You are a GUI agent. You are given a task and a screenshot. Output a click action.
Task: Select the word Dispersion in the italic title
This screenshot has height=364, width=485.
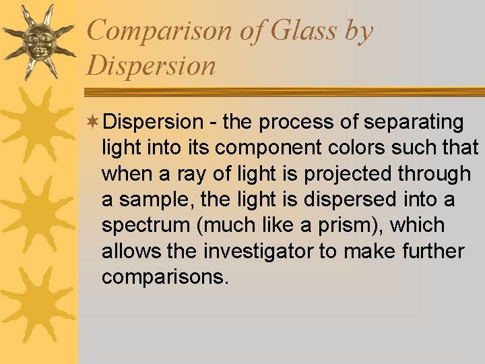point(152,66)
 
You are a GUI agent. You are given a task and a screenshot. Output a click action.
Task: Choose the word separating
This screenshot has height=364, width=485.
point(414,122)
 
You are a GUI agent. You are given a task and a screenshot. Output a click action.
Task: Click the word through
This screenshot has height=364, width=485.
point(434,173)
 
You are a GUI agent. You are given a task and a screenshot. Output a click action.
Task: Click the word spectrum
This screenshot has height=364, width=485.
point(143,226)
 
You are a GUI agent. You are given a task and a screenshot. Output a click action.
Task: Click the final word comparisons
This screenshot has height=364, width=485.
point(165,278)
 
